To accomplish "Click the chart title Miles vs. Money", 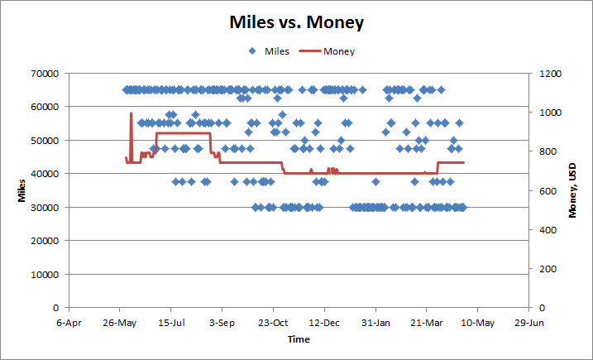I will [x=296, y=22].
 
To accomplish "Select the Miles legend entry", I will [x=276, y=51].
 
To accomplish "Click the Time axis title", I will [x=299, y=339].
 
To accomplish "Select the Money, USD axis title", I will [x=571, y=190].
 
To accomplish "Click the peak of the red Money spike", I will [x=131, y=113].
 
